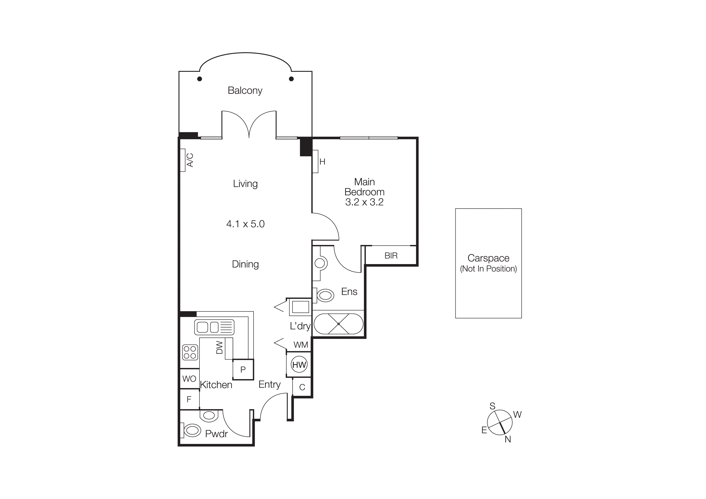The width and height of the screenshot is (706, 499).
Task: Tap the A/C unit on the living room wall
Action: point(183,160)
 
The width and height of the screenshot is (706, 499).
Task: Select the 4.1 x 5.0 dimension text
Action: point(245,224)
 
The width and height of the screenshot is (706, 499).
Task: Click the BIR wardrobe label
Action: point(391,255)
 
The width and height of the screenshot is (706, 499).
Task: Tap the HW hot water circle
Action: point(299,365)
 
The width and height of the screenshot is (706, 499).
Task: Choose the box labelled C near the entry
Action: point(302,387)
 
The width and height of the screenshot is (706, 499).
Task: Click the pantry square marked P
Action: point(243,370)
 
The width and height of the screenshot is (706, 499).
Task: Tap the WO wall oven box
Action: point(189,378)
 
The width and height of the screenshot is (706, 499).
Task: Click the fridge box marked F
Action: point(189,399)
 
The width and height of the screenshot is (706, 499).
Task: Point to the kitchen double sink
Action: point(214,327)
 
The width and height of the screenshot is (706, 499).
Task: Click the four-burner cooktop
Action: point(190,352)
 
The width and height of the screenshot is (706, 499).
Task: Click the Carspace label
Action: point(488,258)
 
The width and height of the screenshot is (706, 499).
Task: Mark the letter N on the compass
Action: point(508,439)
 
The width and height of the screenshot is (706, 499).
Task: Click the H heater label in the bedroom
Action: point(322,162)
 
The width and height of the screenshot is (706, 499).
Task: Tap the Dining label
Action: point(245,264)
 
